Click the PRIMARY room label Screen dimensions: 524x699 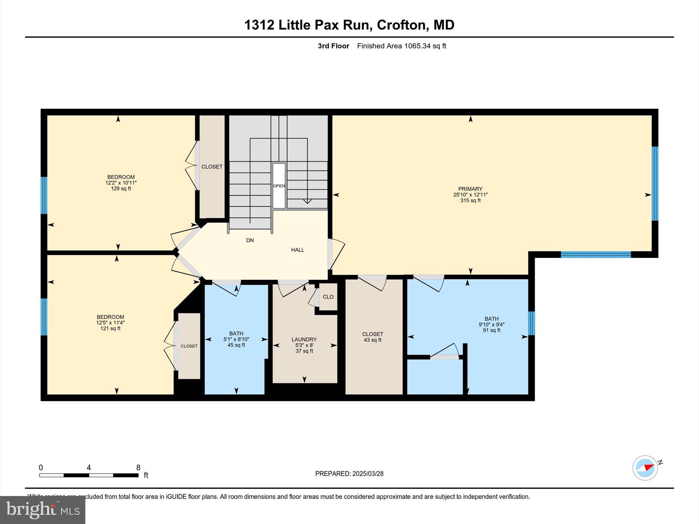pos(470,189)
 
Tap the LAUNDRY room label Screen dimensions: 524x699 pos(304,339)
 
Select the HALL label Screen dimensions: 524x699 pos(297,250)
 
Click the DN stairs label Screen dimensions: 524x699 pos(250,241)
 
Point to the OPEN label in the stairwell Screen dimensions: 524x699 pos(279,186)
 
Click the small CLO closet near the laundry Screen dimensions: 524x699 pos(328,297)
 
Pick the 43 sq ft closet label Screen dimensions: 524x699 pos(372,340)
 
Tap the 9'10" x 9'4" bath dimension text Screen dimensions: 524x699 pos(491,325)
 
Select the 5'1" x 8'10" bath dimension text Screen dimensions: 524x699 pos(236,339)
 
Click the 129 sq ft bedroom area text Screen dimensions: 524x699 pos(121,189)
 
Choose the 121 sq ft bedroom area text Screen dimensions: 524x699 pos(110,329)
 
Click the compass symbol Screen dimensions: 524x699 pos(645,468)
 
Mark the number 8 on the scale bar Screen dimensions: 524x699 pos(138,468)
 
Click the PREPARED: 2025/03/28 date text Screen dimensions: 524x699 pos(349,474)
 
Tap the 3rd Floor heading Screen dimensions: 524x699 pos(333,46)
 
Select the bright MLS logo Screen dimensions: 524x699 pos(43,510)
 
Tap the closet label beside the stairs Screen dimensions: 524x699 pos(212,167)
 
